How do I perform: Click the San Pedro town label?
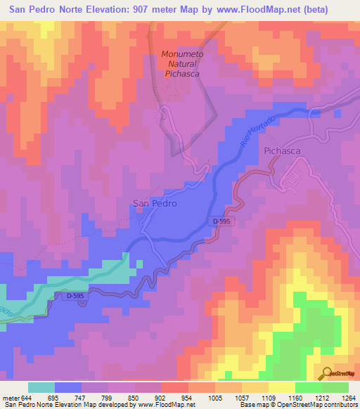154,203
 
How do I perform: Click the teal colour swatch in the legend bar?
41,387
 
